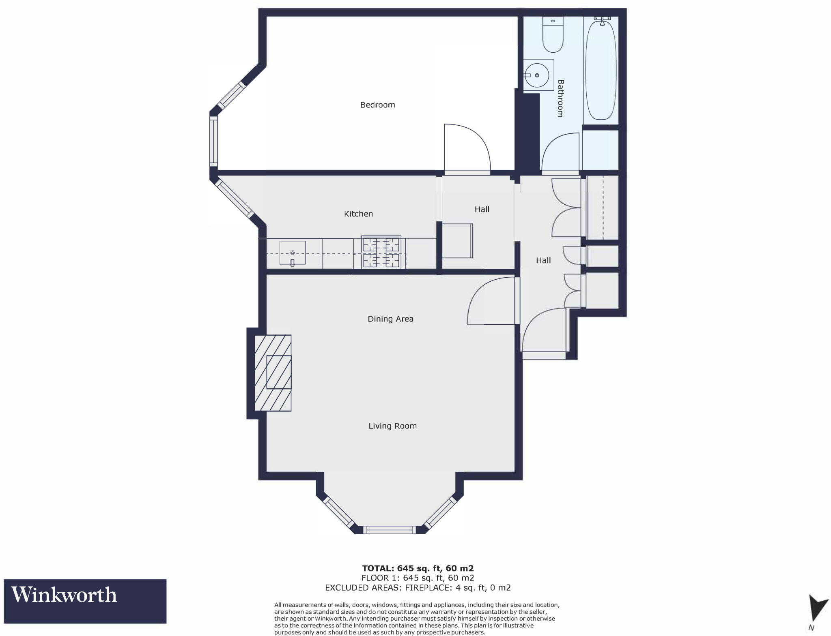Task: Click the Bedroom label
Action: (377, 105)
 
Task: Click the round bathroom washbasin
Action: (536, 75)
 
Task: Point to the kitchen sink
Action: (292, 253)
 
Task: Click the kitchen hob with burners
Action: (381, 253)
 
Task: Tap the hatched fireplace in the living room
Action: (273, 373)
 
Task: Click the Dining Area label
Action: (390, 319)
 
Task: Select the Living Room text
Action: (392, 426)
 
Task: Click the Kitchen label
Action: (358, 214)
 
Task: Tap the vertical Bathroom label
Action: (560, 99)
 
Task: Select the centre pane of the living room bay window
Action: (389, 529)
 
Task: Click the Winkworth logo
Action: (85, 601)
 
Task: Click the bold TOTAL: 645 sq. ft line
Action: (418, 568)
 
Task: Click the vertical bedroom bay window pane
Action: (213, 141)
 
